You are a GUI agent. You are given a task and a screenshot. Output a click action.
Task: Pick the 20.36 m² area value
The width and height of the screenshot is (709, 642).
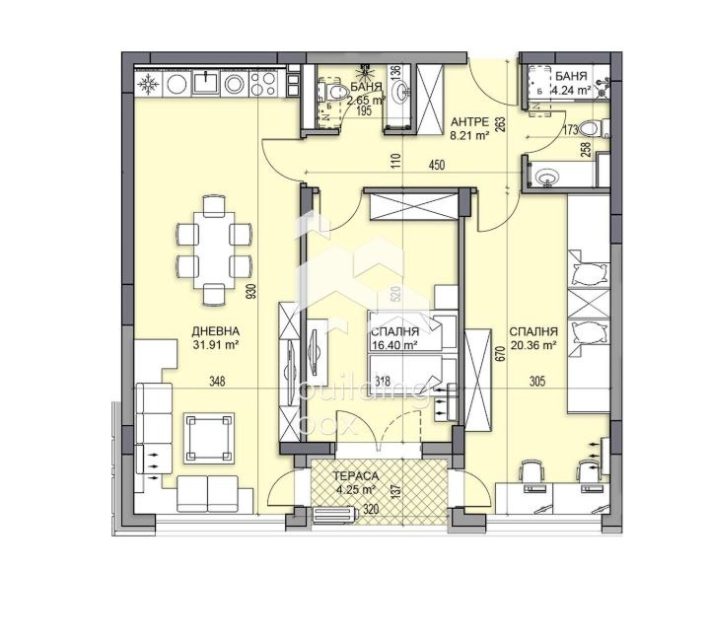pyautogui.click(x=535, y=346)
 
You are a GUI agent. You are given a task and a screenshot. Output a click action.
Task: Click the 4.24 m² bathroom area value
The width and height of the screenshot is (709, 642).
pyautogui.click(x=571, y=90)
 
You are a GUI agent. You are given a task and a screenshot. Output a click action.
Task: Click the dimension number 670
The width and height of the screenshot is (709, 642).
pyautogui.click(x=501, y=353)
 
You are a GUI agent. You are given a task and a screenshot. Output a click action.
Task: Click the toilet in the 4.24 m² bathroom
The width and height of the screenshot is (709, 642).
pyautogui.click(x=589, y=128)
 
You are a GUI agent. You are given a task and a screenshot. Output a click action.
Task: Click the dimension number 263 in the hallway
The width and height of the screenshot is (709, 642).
pyautogui.click(x=501, y=124)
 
